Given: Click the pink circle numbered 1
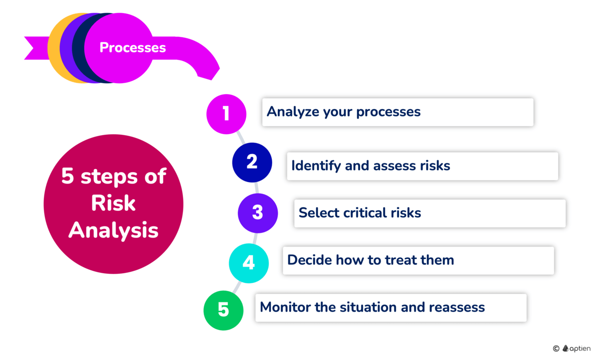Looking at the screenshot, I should [x=226, y=114].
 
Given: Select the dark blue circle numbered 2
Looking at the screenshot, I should [x=252, y=162].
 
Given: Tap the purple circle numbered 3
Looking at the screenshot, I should [x=258, y=213].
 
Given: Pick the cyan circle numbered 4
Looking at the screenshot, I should [x=249, y=263].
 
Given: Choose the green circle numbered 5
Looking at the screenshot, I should [x=223, y=310].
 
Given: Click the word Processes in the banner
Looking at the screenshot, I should [x=133, y=47].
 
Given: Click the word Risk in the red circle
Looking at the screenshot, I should [x=113, y=203].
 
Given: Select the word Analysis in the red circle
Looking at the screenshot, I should [x=113, y=230].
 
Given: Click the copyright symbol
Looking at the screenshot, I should [x=556, y=348].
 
